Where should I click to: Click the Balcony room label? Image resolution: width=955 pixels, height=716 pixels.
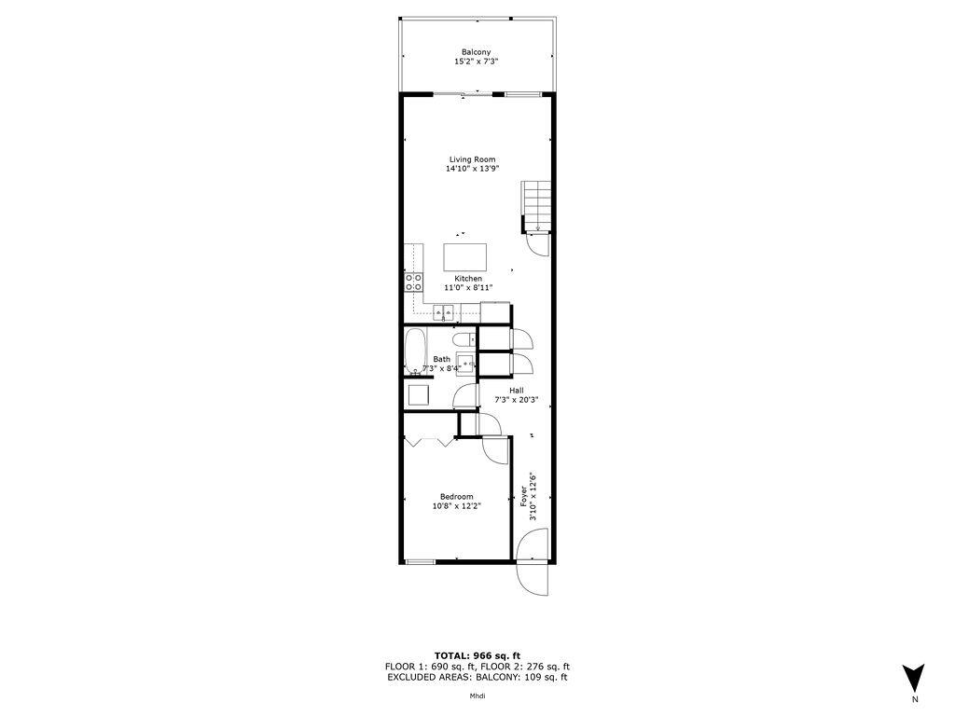tap(476, 52)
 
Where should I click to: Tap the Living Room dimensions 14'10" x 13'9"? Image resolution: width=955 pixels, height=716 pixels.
tap(470, 169)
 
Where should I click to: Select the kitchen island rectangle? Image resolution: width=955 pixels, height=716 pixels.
tap(466, 255)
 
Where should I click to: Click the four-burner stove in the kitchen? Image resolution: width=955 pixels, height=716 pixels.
tap(412, 282)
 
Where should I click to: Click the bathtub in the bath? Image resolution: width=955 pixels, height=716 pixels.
tap(416, 351)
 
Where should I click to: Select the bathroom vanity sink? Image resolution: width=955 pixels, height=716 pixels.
tap(465, 364)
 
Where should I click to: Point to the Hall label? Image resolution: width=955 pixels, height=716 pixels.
tap(516, 390)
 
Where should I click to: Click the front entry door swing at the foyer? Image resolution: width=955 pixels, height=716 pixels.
tap(533, 562)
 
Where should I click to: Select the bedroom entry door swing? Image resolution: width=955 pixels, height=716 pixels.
tap(496, 449)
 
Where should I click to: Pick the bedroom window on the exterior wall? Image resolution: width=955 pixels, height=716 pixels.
tap(422, 561)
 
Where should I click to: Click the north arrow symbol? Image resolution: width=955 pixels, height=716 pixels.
tap(914, 676)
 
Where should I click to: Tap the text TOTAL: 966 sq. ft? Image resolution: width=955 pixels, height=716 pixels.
tap(477, 655)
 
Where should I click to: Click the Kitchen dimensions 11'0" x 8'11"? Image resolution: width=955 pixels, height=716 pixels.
tap(468, 289)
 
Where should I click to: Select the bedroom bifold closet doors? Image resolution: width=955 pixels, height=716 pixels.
tap(429, 440)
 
